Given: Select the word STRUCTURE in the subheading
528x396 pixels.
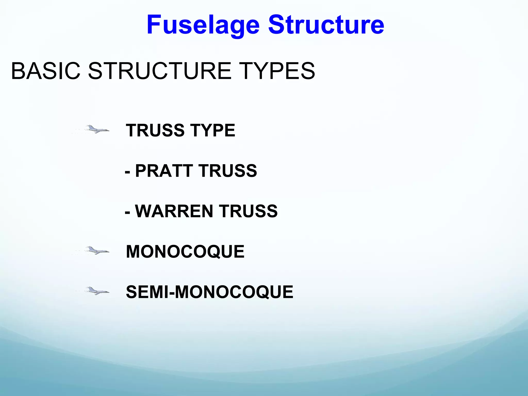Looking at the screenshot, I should pyautogui.click(x=160, y=71).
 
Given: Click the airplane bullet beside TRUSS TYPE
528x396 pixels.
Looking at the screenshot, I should pyautogui.click(x=97, y=129).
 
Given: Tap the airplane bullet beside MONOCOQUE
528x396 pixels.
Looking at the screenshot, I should pyautogui.click(x=97, y=250).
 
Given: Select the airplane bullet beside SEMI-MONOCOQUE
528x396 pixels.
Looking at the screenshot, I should pyautogui.click(x=97, y=291).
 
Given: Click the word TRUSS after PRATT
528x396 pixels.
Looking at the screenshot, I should pyautogui.click(x=228, y=171).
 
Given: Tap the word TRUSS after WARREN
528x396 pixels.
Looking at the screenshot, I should pyautogui.click(x=248, y=211).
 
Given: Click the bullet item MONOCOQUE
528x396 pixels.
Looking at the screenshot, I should pyautogui.click(x=185, y=252).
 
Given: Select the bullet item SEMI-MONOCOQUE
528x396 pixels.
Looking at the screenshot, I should pyautogui.click(x=209, y=292).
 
